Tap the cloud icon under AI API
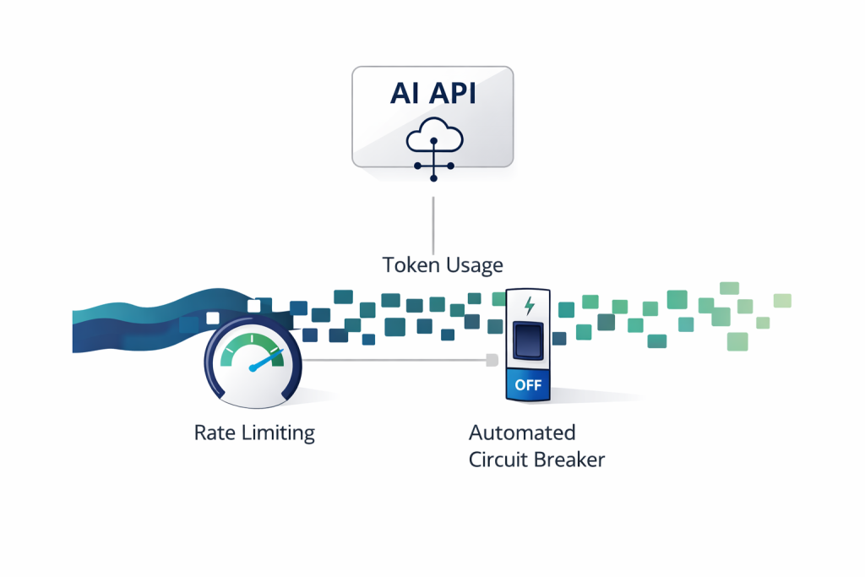pos(432,135)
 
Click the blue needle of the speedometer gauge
pos(267,361)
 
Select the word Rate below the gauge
pos(214,433)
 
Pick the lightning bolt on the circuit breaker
pos(529,304)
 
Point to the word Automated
pos(522,433)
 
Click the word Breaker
pos(570,460)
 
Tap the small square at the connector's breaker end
pos(490,361)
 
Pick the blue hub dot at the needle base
pos(252,367)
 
